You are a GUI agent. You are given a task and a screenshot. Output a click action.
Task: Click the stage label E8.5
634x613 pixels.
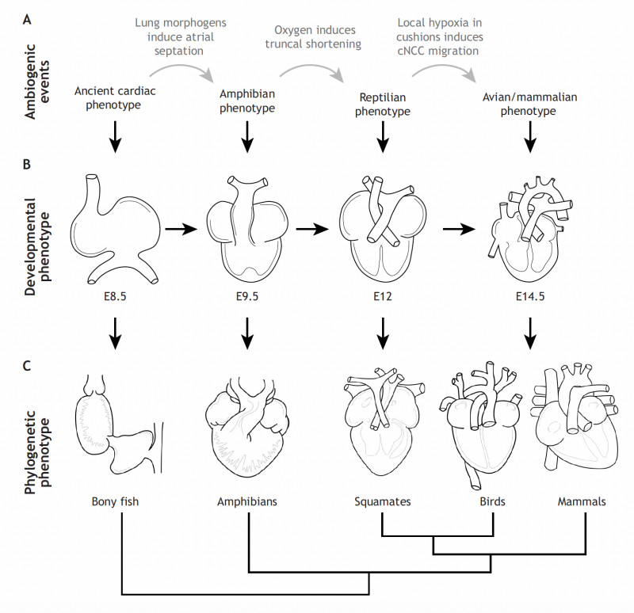point(116,299)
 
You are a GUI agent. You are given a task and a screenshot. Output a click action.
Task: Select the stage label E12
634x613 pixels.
point(383,299)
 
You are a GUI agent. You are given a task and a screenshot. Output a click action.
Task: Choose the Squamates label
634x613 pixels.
point(383,501)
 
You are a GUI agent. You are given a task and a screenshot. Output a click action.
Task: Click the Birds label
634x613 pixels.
point(493,501)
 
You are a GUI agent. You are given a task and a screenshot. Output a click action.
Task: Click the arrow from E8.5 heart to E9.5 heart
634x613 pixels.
point(181,229)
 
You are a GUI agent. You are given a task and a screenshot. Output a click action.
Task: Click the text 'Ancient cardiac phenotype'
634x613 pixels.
point(116,97)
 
